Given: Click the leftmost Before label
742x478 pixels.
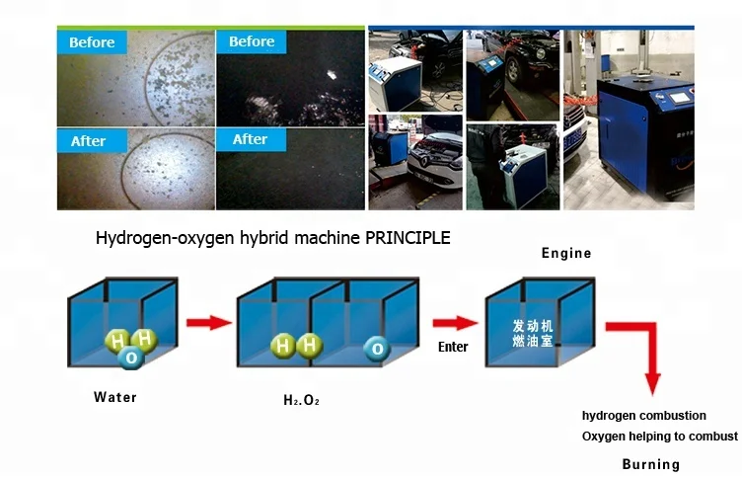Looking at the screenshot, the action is tap(93, 42).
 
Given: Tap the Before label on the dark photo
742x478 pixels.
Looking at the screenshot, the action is tap(252, 41).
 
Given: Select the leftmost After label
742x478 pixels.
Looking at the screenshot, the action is tap(89, 141).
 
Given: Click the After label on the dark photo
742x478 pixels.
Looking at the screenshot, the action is tap(251, 139).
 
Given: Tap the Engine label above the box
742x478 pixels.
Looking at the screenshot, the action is tap(566, 253).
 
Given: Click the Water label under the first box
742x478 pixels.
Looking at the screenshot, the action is tap(115, 397).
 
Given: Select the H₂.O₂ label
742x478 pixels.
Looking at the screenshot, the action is tap(302, 402).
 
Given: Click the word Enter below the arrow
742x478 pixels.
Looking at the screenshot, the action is tap(453, 347).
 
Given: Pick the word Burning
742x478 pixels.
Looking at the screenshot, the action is tap(650, 464).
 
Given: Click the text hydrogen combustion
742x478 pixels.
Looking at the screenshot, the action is tap(644, 416).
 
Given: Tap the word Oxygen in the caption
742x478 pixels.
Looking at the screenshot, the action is tap(602, 437).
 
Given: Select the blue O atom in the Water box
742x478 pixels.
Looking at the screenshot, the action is tap(129, 358).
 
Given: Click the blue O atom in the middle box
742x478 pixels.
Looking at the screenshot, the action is tap(375, 348).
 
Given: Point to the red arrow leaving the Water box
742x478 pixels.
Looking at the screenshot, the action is tap(208, 322).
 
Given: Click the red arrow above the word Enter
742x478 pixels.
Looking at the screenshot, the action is tap(454, 323).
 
